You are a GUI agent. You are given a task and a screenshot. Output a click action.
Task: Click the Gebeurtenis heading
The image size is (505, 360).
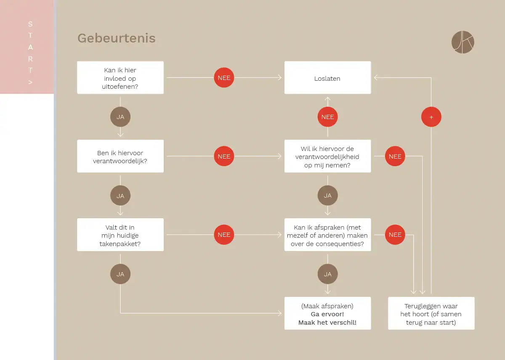tap(116, 38)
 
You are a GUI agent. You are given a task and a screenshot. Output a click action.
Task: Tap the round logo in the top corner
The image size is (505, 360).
tap(462, 42)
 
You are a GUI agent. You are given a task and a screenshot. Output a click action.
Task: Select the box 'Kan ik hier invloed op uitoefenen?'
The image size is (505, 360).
tap(120, 78)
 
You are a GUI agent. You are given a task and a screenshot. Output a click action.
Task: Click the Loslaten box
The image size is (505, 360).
tap(327, 78)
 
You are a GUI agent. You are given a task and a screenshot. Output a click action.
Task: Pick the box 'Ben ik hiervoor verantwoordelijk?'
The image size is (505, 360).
tap(120, 156)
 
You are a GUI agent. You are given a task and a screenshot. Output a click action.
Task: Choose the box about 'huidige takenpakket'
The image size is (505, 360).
tap(120, 235)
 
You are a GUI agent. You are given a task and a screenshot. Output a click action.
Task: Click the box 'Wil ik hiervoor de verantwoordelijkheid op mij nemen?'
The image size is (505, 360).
tap(327, 156)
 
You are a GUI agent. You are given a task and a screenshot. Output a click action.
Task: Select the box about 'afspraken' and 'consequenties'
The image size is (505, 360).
tap(327, 235)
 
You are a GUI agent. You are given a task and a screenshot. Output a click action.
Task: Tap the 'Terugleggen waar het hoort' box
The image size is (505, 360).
tap(431, 313)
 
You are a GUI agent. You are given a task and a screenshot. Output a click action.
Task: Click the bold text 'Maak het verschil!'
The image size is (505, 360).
tap(327, 323)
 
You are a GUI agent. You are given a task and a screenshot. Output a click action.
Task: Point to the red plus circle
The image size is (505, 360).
tap(431, 117)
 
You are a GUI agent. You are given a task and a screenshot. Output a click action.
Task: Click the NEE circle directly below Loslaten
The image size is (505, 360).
tap(327, 117)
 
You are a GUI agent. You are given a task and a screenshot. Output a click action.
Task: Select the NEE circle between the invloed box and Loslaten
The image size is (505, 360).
tap(224, 78)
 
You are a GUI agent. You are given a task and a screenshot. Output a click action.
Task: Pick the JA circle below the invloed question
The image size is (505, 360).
tap(120, 117)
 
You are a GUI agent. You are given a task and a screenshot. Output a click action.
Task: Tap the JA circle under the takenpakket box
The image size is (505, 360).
tap(120, 274)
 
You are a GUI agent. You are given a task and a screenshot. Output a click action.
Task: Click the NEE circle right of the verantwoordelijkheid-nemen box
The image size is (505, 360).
tap(395, 156)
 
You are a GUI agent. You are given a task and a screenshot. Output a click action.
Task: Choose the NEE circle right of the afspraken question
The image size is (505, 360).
tap(395, 235)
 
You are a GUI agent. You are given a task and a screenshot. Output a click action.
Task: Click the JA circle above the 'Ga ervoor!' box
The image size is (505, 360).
tap(327, 274)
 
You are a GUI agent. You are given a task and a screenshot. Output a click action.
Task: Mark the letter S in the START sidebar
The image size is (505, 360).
tap(30, 24)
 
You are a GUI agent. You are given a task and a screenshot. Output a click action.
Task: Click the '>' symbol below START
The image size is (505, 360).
tap(30, 82)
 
